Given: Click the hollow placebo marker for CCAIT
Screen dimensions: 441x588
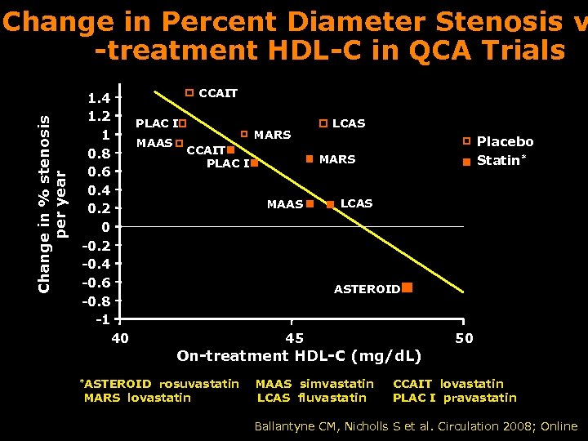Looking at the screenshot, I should point(189,93).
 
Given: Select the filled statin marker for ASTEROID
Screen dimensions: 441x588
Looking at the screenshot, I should point(407,288).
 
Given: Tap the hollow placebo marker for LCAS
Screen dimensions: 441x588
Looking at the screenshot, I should point(323,123).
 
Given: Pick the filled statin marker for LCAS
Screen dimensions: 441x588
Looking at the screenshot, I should point(330,203).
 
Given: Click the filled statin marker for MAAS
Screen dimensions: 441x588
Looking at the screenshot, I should point(310,203).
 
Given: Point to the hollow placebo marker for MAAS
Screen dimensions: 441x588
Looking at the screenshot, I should point(179,144).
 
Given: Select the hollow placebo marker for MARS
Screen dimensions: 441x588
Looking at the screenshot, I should point(244,133).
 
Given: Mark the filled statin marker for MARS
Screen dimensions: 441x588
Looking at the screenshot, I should point(310,159).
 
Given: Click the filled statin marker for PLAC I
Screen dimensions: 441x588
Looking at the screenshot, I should point(254,163).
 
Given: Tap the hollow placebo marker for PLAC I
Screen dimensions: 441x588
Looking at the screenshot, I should point(183,124).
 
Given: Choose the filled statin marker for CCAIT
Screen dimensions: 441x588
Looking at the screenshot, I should point(231,150).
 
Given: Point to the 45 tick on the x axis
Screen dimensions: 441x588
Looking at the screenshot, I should point(294,338).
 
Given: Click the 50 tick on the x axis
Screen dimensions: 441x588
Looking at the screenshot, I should point(464,338).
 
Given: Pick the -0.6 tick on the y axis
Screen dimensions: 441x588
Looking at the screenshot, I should point(97,283).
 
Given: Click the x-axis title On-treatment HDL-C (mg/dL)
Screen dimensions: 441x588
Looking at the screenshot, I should point(299,356).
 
